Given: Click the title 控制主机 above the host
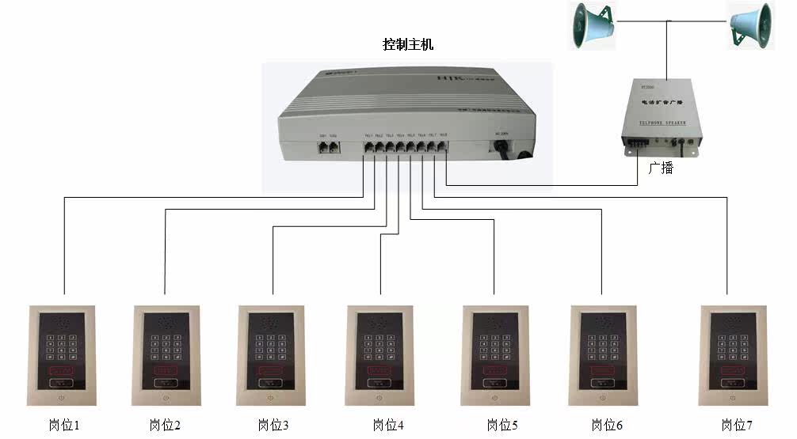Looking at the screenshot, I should [x=408, y=45].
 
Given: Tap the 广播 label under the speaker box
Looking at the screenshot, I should [x=660, y=168].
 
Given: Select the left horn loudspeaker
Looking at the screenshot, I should [x=591, y=26].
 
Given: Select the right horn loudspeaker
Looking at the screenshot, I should [x=750, y=25].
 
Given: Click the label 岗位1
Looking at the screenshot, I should [x=64, y=426].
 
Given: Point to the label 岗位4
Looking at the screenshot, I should [x=388, y=426].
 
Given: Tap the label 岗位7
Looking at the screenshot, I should [x=737, y=426].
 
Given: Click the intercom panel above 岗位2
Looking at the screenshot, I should [x=166, y=355].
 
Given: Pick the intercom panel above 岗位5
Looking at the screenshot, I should [x=494, y=355].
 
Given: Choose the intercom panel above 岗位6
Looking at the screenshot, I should [x=604, y=355].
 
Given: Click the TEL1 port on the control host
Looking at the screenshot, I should [x=368, y=146].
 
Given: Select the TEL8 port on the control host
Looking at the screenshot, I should [x=443, y=146].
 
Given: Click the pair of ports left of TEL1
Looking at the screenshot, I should [x=327, y=146].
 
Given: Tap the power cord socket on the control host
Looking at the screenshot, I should [x=502, y=147].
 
